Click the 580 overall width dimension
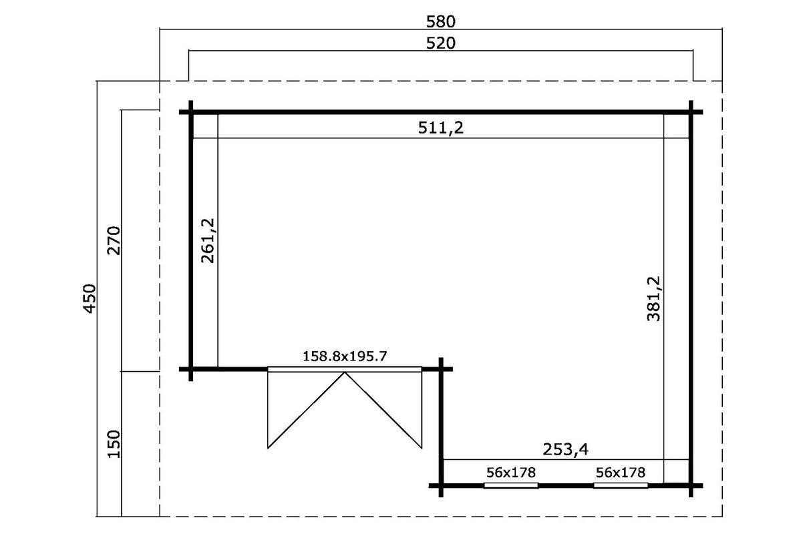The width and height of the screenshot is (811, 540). tap(440, 22)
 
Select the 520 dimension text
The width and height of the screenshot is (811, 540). tap(440, 43)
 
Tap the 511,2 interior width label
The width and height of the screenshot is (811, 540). tap(440, 127)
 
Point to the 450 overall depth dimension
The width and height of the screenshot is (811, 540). tap(90, 299)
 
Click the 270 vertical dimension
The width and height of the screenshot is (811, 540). tap(114, 240)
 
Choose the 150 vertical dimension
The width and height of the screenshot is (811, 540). tap(114, 444)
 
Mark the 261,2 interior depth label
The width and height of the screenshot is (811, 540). tap(208, 240)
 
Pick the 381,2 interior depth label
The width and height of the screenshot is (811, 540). tap(653, 299)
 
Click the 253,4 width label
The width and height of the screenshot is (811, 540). tap(566, 450)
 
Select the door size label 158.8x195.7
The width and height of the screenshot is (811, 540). tap(345, 356)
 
